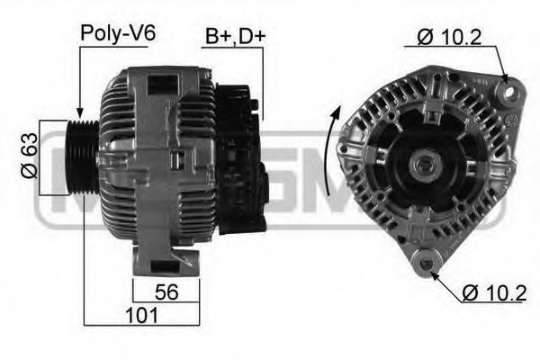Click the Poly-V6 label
[x=118, y=33]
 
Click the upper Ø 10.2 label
[x=449, y=36]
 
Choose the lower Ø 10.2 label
[x=494, y=292]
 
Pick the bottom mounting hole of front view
[x=422, y=263]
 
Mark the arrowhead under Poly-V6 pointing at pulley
[x=82, y=108]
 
